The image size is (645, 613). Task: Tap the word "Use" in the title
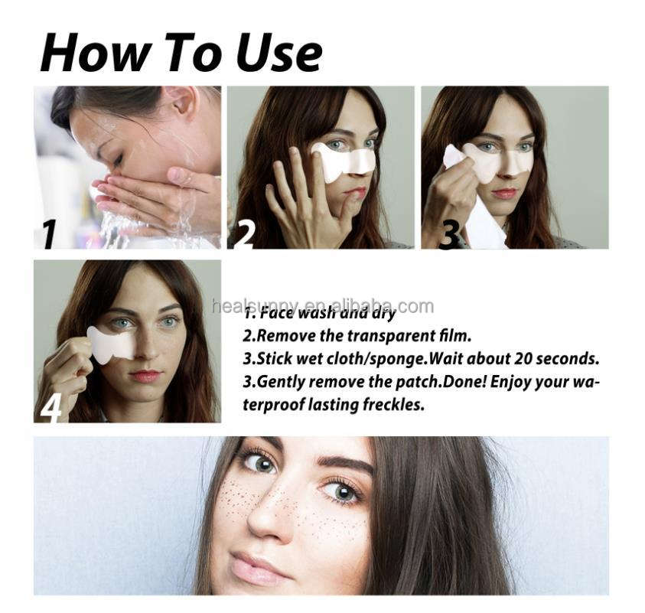click(279, 54)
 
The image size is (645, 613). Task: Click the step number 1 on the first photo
click(48, 233)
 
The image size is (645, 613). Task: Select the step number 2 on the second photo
click(243, 233)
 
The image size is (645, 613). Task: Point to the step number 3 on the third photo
click(449, 233)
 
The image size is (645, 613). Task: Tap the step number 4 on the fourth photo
click(50, 406)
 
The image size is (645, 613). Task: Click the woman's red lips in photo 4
click(145, 376)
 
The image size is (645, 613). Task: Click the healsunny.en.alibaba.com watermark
click(322, 307)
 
